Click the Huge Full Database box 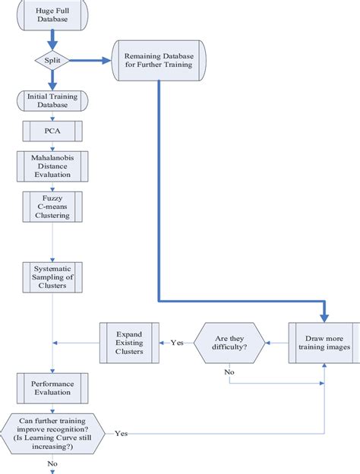(52, 15)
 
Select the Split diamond (52, 60)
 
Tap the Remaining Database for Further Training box (159, 61)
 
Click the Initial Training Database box (52, 101)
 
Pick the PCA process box (52, 131)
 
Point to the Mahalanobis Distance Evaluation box (52, 166)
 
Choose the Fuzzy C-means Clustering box (52, 207)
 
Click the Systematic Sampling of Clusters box (52, 277)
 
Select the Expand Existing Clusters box (129, 343)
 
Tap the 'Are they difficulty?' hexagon (229, 343)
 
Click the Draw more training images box (324, 343)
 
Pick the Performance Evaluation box (52, 388)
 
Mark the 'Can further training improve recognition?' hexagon (52, 434)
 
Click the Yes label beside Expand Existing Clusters (177, 343)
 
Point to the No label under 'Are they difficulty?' (229, 372)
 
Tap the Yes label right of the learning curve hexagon (122, 434)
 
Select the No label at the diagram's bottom (52, 463)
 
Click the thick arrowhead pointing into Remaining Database (106, 61)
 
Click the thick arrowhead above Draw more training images (324, 318)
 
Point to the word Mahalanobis (52, 158)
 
